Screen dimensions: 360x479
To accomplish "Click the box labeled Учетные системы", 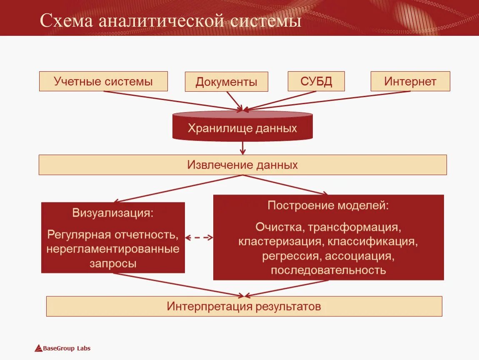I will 103,81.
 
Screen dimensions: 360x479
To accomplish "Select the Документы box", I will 226,82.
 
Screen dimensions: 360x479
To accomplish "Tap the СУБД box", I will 316,81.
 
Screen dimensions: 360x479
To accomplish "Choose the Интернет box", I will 410,81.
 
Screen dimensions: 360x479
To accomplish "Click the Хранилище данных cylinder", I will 242,127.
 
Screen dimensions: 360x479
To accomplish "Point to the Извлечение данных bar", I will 242,165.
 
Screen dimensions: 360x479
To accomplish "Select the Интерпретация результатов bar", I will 244,307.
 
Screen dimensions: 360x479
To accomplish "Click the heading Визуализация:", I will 113,213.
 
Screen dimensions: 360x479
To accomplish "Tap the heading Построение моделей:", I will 328,205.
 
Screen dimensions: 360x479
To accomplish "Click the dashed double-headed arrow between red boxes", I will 199,237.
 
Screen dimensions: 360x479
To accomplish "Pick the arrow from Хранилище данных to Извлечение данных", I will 243,147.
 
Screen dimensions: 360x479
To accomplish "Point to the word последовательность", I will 328,270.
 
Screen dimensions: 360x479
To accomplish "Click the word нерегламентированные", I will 113,249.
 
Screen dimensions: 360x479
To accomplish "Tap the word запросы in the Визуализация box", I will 113,263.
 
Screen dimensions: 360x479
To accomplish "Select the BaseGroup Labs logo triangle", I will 38,348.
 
